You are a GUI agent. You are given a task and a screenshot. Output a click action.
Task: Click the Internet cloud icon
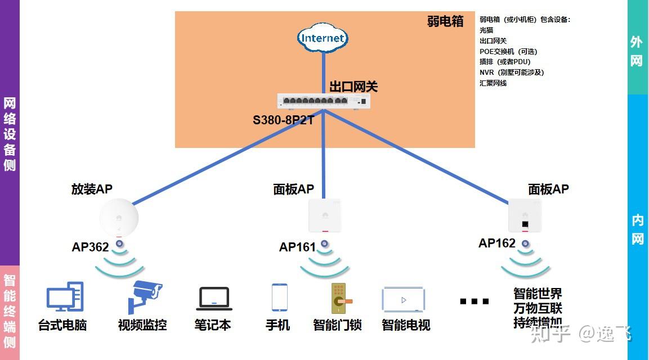tap(323, 38)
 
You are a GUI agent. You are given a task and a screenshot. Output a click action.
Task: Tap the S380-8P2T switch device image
tap(324, 101)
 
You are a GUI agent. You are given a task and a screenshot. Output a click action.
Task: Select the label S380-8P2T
tap(283, 120)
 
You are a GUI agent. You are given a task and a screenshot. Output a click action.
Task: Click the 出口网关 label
tap(353, 87)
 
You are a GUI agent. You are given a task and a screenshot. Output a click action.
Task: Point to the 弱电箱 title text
tap(445, 21)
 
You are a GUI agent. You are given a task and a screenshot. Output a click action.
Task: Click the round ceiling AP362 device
tap(119, 218)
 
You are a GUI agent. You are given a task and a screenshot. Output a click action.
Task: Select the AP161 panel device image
tap(325, 215)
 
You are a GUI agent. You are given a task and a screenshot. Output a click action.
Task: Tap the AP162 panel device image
tap(525, 215)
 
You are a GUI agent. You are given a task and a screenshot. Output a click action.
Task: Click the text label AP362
tap(90, 247)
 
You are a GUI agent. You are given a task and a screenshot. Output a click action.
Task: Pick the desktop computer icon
tap(65, 296)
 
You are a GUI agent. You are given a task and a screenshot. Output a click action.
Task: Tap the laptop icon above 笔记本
tap(214, 299)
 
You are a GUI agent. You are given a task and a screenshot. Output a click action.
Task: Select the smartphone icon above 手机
tap(279, 297)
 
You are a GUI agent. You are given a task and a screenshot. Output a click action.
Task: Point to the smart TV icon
tap(403, 300)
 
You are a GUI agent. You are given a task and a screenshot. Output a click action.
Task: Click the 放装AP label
tap(92, 189)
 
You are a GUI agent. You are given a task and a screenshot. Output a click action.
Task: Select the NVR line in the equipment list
tap(511, 72)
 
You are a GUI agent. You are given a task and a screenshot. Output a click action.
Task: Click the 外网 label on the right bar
tap(636, 51)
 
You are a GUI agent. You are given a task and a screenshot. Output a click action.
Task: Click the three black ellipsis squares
tap(474, 301)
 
